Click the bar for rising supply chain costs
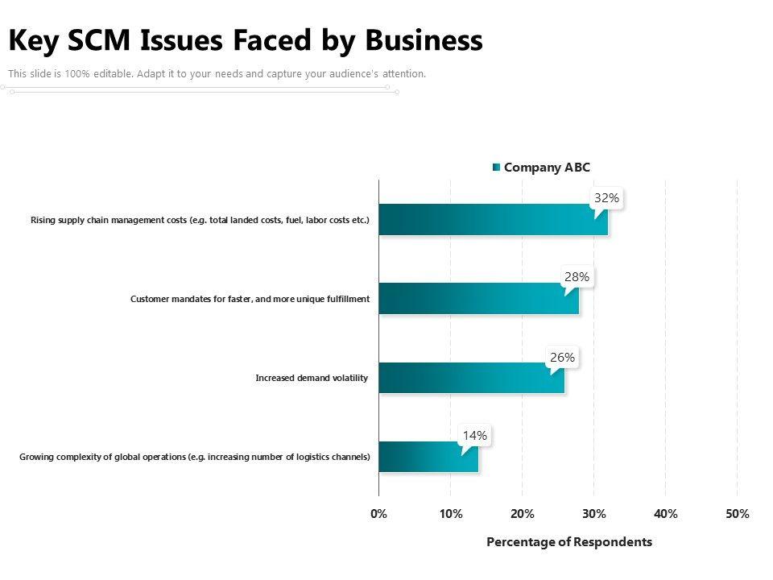pos(493,219)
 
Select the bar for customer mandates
pos(478,298)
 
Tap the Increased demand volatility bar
pos(472,378)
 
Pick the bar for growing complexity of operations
pos(428,457)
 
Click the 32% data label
pos(606,198)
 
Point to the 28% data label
pos(577,277)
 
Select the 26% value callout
pos(563,358)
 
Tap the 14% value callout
pos(475,436)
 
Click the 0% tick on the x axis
pos(378,514)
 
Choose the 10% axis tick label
pos(451,514)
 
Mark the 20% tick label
pos(523,514)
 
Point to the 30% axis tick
pos(594,514)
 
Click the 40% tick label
pos(666,514)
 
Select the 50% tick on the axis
pos(738,514)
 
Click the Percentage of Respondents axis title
pos(569,542)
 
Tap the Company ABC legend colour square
pos(497,168)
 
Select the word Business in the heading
pos(424,40)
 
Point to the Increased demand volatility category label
pos(312,378)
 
